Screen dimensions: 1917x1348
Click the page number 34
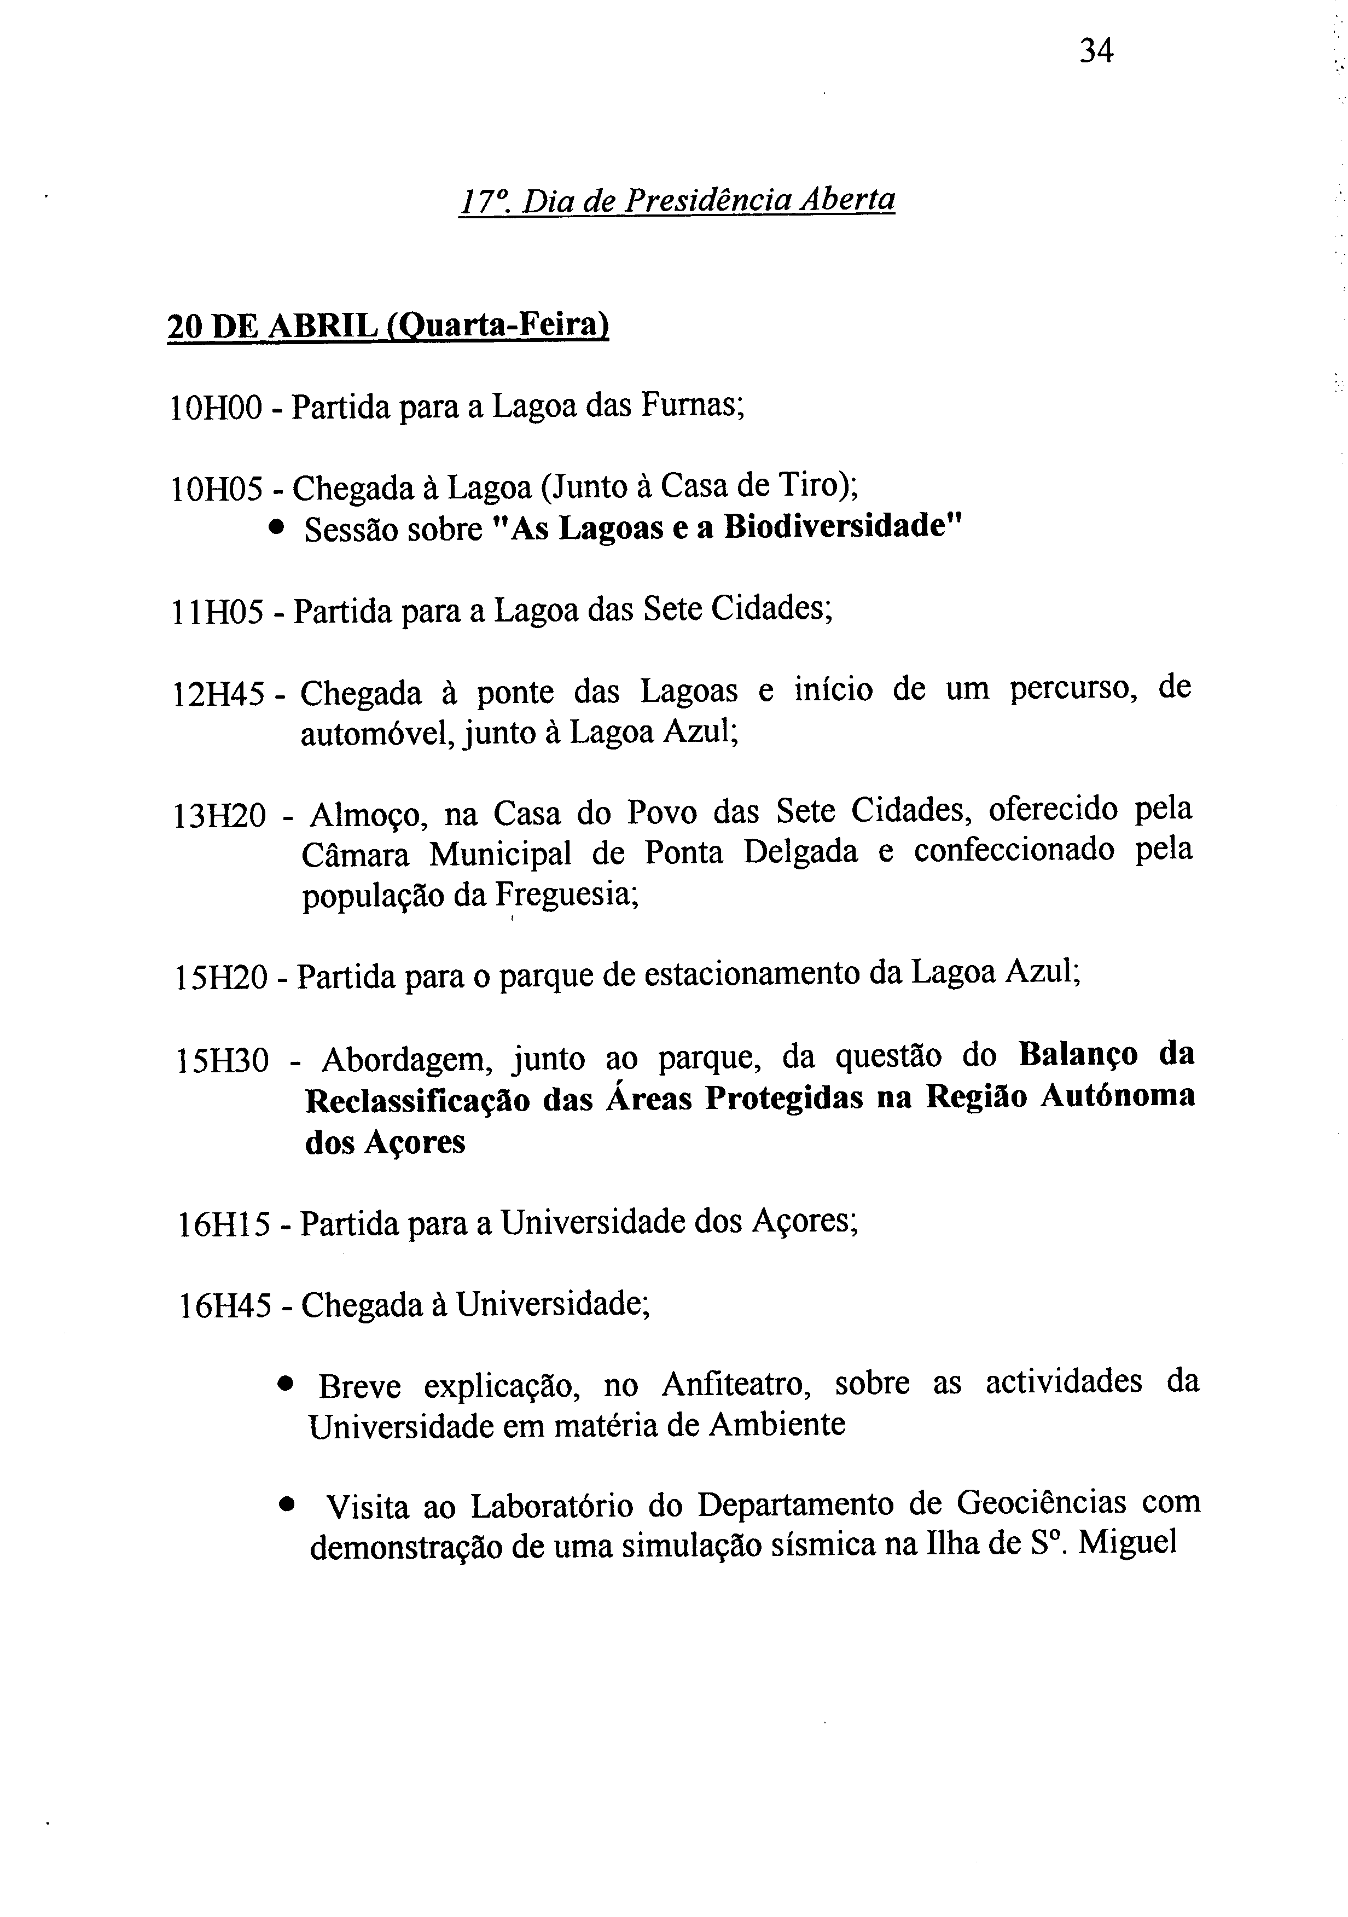(1096, 52)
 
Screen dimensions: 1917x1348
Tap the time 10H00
(216, 408)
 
